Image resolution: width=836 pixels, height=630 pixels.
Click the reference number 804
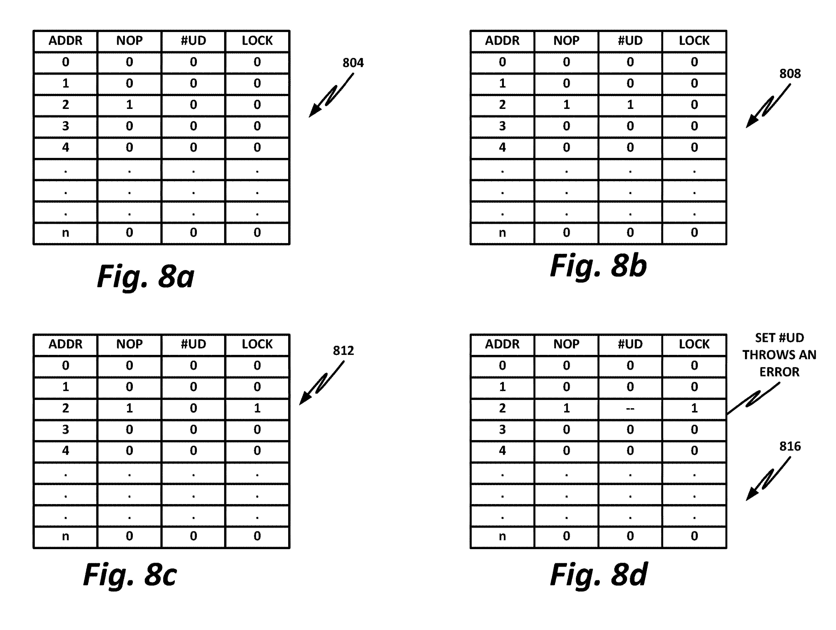(x=353, y=63)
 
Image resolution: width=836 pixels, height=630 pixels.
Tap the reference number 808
(x=790, y=74)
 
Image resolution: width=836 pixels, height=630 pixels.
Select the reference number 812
(x=343, y=351)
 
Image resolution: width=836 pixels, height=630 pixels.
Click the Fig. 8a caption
(x=146, y=277)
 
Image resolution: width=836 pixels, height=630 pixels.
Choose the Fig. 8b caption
(x=598, y=266)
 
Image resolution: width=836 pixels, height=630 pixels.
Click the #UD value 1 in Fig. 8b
(x=630, y=105)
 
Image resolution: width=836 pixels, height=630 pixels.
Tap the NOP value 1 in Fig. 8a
(x=129, y=105)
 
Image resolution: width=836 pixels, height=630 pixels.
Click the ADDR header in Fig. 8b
(x=502, y=40)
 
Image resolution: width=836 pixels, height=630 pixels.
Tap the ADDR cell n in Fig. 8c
(x=65, y=536)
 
